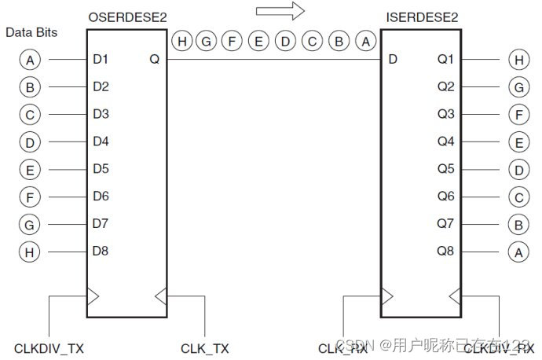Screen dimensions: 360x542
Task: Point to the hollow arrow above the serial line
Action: tap(280, 11)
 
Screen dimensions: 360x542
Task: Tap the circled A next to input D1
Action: tap(30, 59)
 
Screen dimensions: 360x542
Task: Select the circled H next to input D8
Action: tap(30, 252)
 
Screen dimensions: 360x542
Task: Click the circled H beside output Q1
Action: tap(518, 59)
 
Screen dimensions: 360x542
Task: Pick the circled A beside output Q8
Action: tap(518, 252)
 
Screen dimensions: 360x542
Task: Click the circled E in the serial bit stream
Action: tap(258, 42)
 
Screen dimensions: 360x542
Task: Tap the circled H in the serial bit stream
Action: tap(182, 42)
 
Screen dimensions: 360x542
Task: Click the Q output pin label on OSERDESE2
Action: tap(154, 59)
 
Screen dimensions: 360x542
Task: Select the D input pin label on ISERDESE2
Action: tap(393, 59)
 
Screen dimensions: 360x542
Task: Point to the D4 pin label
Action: tap(101, 141)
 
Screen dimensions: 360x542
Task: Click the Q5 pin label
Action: tap(445, 169)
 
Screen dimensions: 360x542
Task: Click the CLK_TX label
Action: tap(204, 347)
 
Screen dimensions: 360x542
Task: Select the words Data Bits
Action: tap(31, 33)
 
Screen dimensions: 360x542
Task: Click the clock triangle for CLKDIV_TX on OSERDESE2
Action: tap(93, 296)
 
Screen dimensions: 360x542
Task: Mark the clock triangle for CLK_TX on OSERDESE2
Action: tap(160, 296)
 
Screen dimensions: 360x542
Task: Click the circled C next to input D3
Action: tap(30, 114)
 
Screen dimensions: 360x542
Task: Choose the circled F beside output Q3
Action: tap(518, 114)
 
